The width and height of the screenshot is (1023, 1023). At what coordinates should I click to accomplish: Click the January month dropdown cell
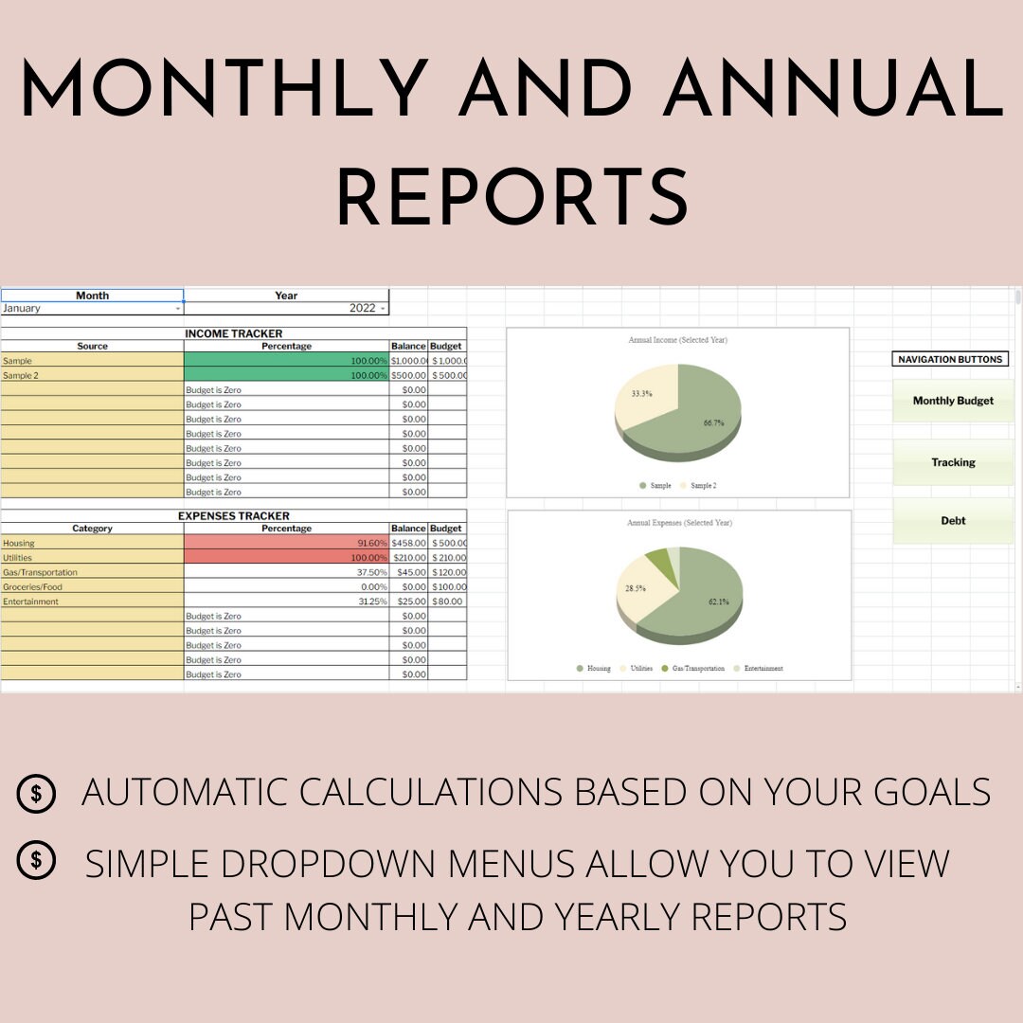pyautogui.click(x=92, y=309)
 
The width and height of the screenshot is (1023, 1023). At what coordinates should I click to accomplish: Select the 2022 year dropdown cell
pyautogui.click(x=286, y=309)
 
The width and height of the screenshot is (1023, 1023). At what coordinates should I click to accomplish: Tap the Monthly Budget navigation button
pyautogui.click(x=953, y=401)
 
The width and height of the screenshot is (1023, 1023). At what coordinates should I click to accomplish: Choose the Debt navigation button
pyautogui.click(x=953, y=521)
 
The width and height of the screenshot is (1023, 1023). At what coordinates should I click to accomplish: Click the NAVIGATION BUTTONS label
pyautogui.click(x=949, y=359)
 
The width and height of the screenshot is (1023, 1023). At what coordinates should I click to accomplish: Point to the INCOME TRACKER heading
pyautogui.click(x=233, y=333)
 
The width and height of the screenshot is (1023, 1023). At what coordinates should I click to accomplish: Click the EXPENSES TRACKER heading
pyautogui.click(x=233, y=516)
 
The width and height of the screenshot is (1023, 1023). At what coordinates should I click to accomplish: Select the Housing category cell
pyautogui.click(x=92, y=543)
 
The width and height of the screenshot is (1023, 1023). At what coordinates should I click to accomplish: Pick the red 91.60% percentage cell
pyautogui.click(x=286, y=543)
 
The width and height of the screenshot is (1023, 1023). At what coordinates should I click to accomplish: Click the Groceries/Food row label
pyautogui.click(x=92, y=587)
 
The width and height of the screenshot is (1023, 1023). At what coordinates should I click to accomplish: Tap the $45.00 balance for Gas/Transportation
pyautogui.click(x=409, y=572)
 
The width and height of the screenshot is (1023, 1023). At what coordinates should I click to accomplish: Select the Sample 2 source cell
pyautogui.click(x=92, y=375)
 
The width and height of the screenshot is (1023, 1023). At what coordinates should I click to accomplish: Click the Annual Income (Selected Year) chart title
pyautogui.click(x=678, y=339)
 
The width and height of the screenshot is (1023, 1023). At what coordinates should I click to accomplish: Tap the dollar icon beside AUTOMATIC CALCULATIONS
pyautogui.click(x=36, y=794)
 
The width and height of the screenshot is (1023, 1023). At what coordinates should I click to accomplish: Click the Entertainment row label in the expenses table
pyautogui.click(x=92, y=601)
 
